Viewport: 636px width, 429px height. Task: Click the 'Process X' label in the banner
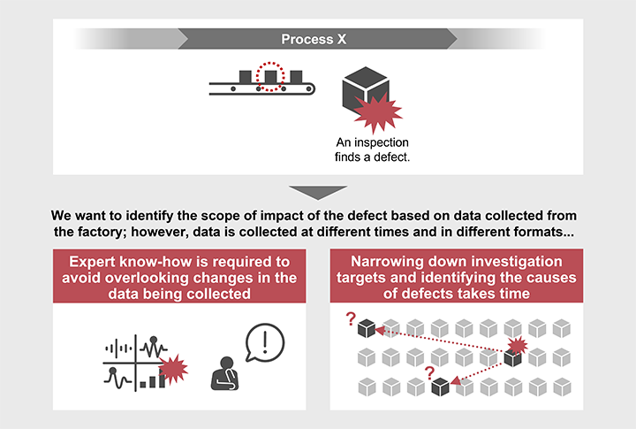[x=314, y=39]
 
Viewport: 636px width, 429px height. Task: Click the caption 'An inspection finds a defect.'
[x=372, y=149]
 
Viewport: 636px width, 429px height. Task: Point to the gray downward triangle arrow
[x=318, y=192]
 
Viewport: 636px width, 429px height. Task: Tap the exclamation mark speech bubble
[x=265, y=342]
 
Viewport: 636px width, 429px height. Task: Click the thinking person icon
[x=225, y=374]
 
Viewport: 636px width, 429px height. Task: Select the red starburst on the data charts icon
[x=173, y=369]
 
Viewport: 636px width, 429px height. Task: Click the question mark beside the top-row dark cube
[x=351, y=319]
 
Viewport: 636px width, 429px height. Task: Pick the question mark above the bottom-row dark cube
[x=429, y=373]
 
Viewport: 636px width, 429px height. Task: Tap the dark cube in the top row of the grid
[x=367, y=329]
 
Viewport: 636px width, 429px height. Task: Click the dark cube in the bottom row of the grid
[x=440, y=387]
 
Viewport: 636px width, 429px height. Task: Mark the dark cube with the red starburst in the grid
[x=512, y=358]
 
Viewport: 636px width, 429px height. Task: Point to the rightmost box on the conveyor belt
[x=296, y=77]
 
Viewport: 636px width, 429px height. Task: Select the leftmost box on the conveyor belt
[x=245, y=77]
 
